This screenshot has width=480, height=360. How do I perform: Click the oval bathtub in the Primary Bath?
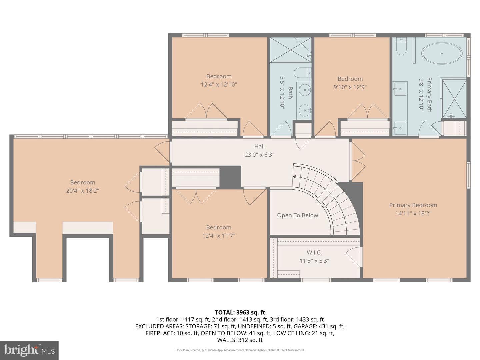point(442,53)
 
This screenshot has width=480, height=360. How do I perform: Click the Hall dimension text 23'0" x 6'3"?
point(259,155)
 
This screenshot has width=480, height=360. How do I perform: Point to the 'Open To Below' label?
point(297,215)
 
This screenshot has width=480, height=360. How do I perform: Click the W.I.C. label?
point(314,253)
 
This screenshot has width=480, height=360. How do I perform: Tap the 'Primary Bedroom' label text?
point(413,205)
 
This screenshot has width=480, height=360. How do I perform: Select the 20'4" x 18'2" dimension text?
point(83,191)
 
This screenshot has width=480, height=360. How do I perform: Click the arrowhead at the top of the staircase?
point(294,177)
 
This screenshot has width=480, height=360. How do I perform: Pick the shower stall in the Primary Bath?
point(454,99)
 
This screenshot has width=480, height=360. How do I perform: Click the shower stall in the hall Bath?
point(290,50)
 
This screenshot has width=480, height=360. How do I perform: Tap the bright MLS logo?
point(29,350)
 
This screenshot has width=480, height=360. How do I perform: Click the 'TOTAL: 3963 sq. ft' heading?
point(240,312)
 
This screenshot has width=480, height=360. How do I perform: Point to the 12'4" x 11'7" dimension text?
point(219,236)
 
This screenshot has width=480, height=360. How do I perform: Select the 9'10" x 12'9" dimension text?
point(350,87)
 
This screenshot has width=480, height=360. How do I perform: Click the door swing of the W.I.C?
point(354,257)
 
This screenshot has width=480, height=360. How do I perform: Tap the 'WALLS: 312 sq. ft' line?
point(240,340)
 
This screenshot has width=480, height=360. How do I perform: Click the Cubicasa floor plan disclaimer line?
point(240,350)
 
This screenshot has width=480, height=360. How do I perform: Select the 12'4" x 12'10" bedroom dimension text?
point(219,84)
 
